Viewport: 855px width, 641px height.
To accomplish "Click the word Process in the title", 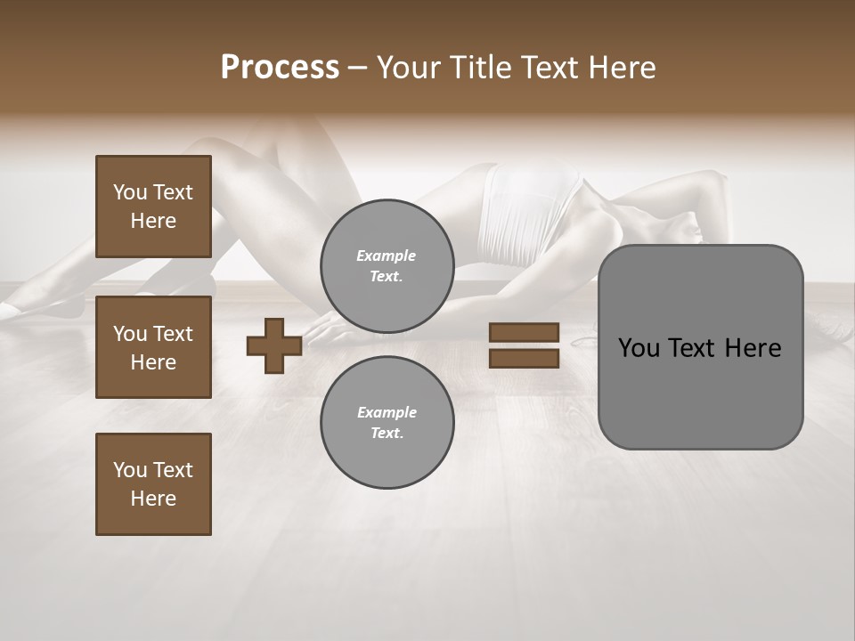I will (280, 68).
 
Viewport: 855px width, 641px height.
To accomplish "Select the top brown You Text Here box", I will (153, 207).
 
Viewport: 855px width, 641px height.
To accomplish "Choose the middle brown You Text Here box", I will (153, 347).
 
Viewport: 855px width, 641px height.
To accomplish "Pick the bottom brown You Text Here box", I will (153, 484).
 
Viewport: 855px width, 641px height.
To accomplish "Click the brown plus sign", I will (273, 345).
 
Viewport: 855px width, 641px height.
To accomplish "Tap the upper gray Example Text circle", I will (387, 265).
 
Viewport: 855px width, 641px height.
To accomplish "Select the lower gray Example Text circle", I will (387, 422).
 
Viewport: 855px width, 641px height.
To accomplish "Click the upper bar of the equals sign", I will (524, 333).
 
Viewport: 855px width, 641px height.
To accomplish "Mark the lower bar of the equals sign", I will (524, 358).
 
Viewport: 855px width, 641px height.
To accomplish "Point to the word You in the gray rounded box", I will (639, 348).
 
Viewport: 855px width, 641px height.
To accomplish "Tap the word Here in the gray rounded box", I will (753, 348).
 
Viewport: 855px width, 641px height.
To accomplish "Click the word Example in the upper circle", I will (387, 256).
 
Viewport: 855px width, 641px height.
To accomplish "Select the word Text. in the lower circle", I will (387, 434).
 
